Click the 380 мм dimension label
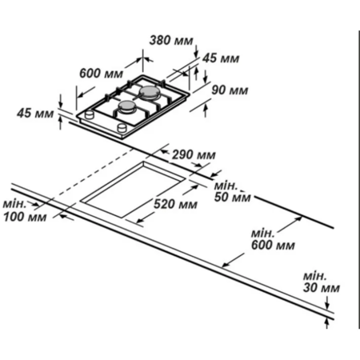coord(171,41)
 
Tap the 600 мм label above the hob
coord(102,73)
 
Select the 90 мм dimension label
coord(230,90)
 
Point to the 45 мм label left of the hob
coord(35,113)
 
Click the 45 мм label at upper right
coord(221,58)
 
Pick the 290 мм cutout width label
coord(194,154)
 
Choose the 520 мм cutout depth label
coord(175,204)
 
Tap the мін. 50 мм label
coord(232,191)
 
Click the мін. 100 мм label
coord(25,210)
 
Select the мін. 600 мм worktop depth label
coord(273,239)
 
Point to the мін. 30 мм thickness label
coord(321,282)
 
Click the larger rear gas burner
coord(150,93)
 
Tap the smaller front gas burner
coord(127,106)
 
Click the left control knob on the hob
coord(90,115)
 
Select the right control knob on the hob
coord(122,128)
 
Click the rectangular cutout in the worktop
coord(133,190)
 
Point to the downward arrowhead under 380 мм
coord(197,54)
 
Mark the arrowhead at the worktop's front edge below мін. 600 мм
coord(226,265)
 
